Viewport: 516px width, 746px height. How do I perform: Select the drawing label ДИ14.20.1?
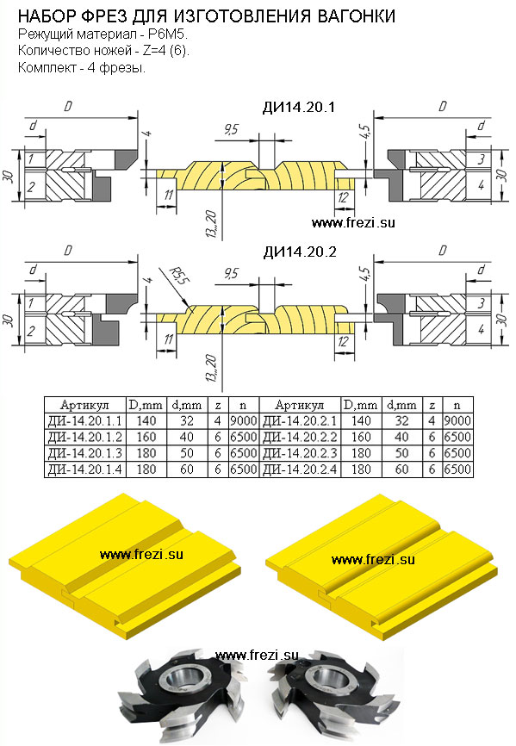click(299, 107)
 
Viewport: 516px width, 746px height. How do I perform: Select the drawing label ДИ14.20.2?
click(300, 252)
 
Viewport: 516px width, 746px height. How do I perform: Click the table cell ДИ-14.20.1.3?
click(85, 453)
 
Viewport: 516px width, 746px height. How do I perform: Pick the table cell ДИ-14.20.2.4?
click(300, 469)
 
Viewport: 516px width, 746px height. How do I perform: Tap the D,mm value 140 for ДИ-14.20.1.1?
click(146, 420)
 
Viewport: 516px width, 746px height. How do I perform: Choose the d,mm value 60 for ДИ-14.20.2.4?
click(402, 469)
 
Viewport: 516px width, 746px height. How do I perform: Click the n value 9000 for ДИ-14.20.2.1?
click(457, 420)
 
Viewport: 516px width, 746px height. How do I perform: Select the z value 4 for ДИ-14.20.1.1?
click(218, 420)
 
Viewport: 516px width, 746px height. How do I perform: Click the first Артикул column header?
click(84, 405)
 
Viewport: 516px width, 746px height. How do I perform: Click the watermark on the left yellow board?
click(141, 554)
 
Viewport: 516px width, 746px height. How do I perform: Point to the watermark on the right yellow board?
click(373, 560)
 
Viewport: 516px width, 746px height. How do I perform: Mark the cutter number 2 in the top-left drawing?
click(31, 185)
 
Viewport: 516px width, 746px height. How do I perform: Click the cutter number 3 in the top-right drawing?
click(482, 159)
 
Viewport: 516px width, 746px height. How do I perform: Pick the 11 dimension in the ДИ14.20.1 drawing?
click(168, 195)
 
